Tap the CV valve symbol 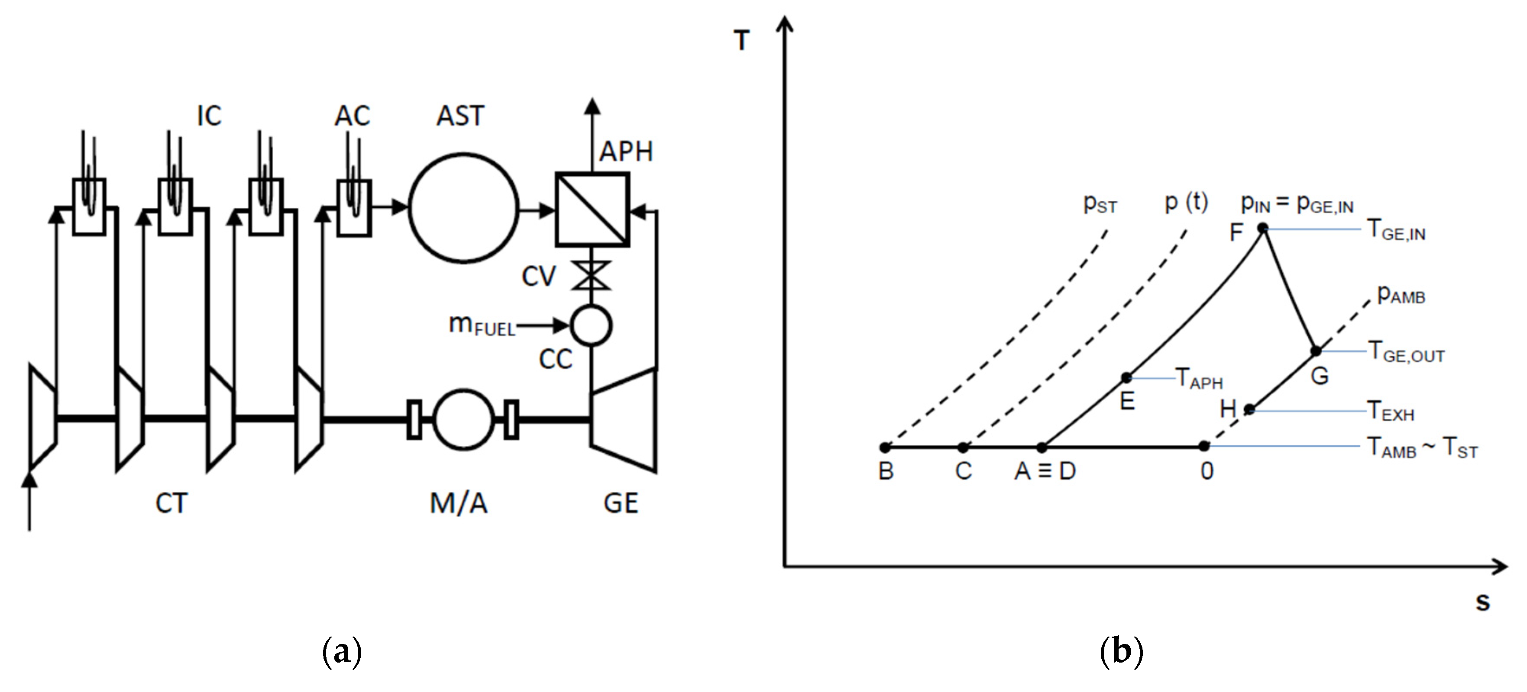click(x=591, y=276)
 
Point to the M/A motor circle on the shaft click(x=463, y=419)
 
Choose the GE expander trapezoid click(x=624, y=419)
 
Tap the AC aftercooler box click(x=354, y=207)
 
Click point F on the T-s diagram click(x=1263, y=228)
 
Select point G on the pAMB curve click(x=1315, y=351)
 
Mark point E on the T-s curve click(x=1126, y=377)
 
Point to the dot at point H click(x=1249, y=409)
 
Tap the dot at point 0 click(x=1204, y=445)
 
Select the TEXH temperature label click(x=1391, y=411)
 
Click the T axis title click(x=741, y=40)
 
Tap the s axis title click(x=1482, y=602)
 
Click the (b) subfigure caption click(x=1121, y=652)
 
